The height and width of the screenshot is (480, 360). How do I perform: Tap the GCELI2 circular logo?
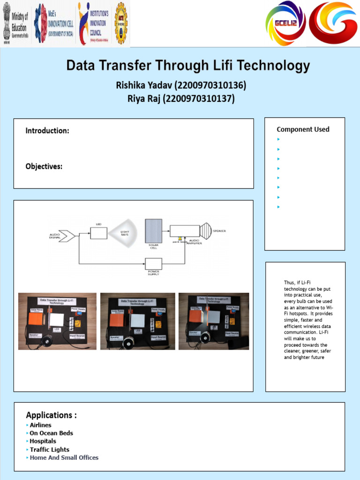click(x=285, y=22)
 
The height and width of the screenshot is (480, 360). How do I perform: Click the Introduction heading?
click(x=47, y=131)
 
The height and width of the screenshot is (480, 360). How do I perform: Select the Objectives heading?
click(x=44, y=166)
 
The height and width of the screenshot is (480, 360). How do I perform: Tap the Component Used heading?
click(x=303, y=129)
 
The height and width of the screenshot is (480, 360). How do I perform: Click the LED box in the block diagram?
click(x=98, y=233)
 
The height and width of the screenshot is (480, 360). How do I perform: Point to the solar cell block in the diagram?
click(x=153, y=231)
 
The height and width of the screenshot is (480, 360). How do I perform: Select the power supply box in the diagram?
click(x=153, y=263)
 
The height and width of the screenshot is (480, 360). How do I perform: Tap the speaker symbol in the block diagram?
click(x=206, y=231)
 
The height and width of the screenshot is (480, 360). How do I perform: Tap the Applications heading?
click(x=51, y=415)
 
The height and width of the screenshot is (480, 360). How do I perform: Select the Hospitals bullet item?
click(x=43, y=441)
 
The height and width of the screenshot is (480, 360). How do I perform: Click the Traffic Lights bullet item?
click(x=49, y=450)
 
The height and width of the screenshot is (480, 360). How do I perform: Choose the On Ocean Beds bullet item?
click(x=51, y=433)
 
